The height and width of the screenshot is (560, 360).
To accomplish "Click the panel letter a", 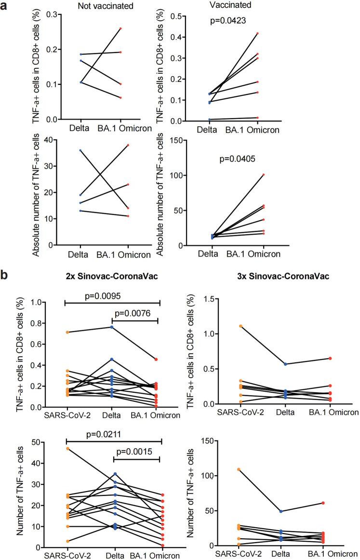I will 5,6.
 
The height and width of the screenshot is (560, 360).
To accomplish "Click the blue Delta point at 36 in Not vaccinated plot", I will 67,150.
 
